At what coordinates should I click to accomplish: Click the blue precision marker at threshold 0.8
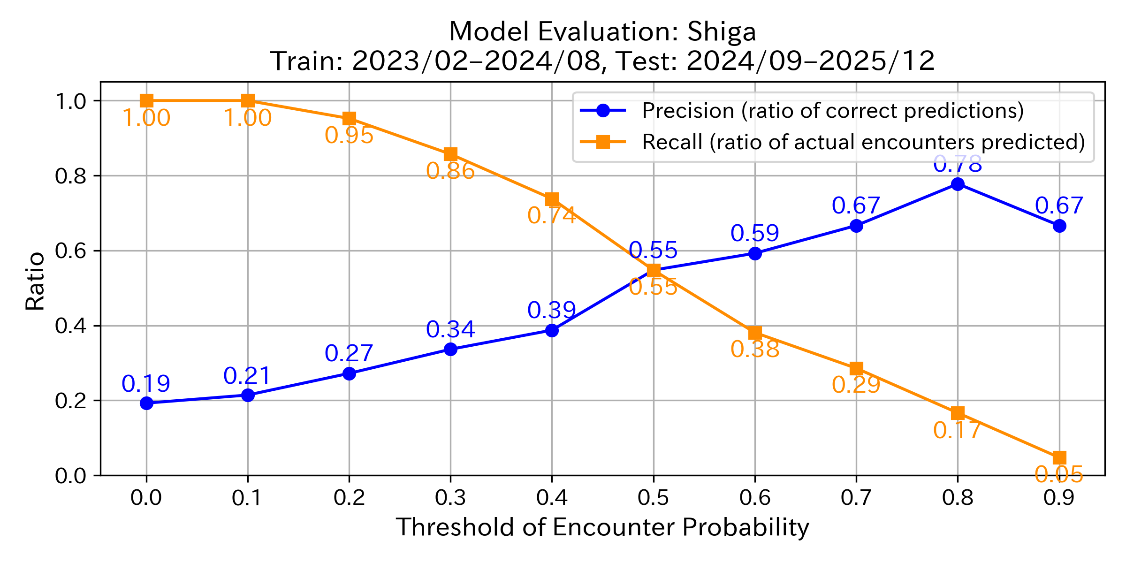958,184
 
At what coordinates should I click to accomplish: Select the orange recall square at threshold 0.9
1059,457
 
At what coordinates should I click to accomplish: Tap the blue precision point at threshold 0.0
146,403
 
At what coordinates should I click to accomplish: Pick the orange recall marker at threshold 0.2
349,118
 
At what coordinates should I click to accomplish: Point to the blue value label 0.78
958,164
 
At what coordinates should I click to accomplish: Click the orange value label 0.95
349,136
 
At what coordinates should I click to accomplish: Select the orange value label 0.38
755,349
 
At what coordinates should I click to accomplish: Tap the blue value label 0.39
552,310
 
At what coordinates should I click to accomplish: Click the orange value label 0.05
1059,474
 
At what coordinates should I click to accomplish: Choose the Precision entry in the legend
832,111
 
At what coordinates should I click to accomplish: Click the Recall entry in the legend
863,142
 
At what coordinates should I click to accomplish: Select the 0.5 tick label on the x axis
653,498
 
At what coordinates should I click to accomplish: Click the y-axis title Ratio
35,281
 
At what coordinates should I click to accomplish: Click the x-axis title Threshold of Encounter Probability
602,527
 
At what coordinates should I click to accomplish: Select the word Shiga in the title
722,32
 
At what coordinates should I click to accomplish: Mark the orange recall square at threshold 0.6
755,333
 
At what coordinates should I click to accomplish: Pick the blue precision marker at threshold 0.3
450,349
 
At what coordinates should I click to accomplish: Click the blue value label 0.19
146,384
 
